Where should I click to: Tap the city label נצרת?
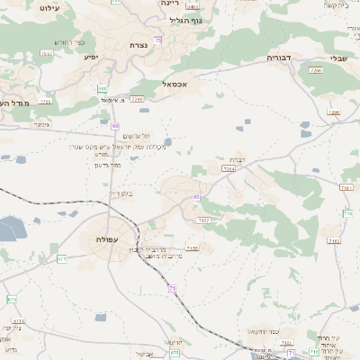[x=139, y=45]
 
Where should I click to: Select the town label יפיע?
[x=91, y=57]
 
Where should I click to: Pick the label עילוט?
[x=49, y=5]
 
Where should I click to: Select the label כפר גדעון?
[x=107, y=165]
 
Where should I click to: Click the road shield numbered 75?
[x=158, y=40]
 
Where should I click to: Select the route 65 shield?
[x=195, y=196]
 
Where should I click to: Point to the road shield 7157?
[x=203, y=220]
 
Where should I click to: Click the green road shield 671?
[x=62, y=259]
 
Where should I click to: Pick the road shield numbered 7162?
[x=335, y=241]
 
